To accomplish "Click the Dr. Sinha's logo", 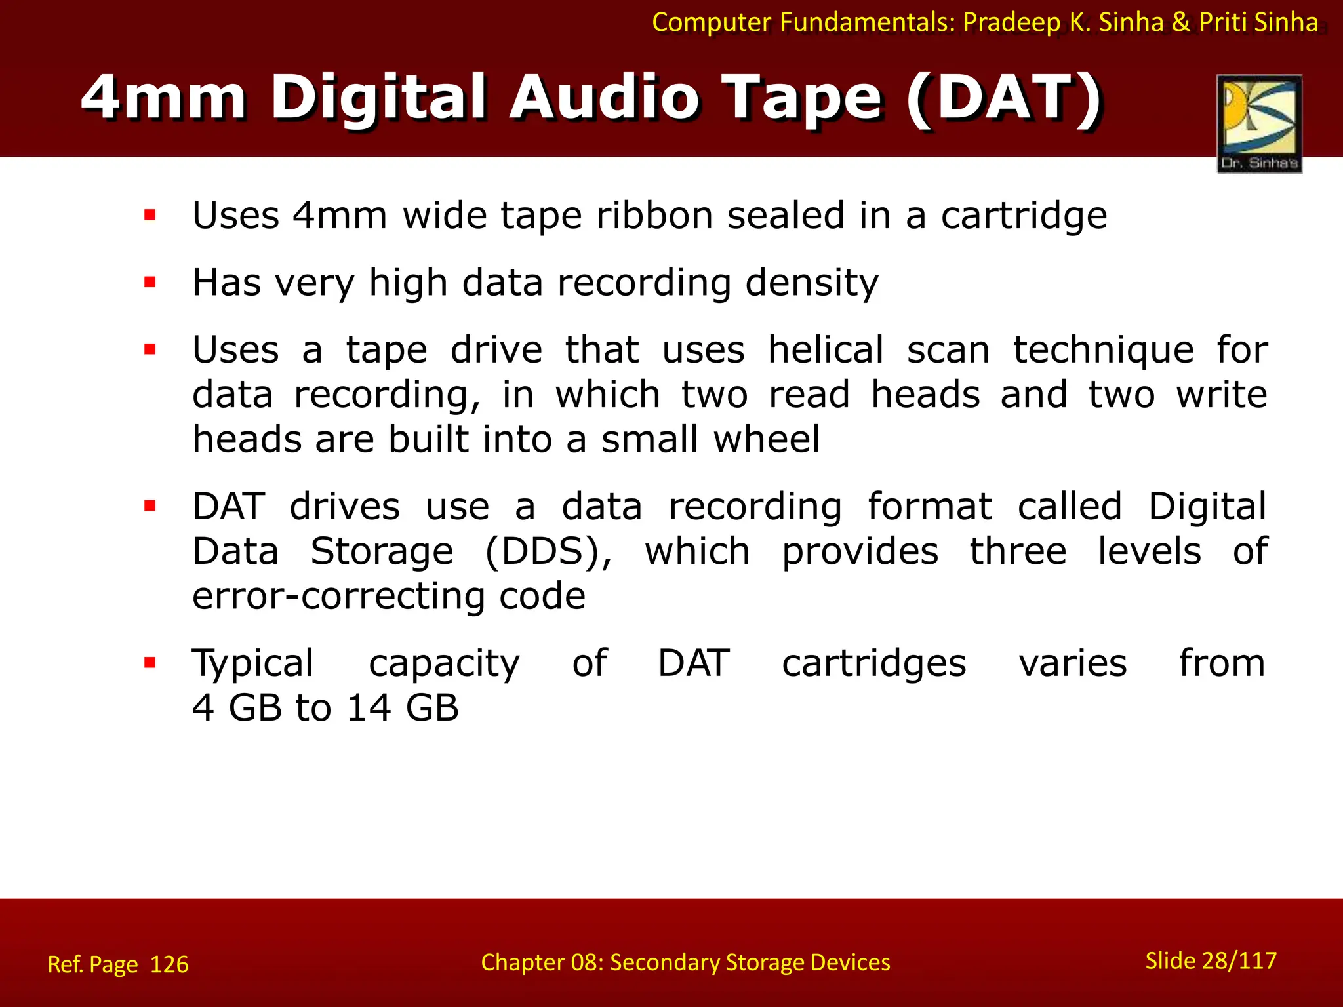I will [x=1259, y=123].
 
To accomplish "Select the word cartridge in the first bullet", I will [x=1024, y=216].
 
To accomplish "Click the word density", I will [x=812, y=283].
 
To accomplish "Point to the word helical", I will [x=826, y=349].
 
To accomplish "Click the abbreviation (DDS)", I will [x=548, y=551].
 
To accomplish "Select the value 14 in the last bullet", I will [x=369, y=708].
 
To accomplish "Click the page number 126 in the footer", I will [x=169, y=964].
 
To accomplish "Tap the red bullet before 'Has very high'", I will [x=150, y=283].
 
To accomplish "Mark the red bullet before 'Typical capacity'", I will [x=150, y=663].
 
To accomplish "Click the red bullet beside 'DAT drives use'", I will [x=150, y=506].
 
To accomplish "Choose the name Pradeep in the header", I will [x=1011, y=23].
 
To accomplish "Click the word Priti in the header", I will [x=1223, y=23].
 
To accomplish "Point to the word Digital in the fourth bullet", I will [x=1207, y=507].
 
